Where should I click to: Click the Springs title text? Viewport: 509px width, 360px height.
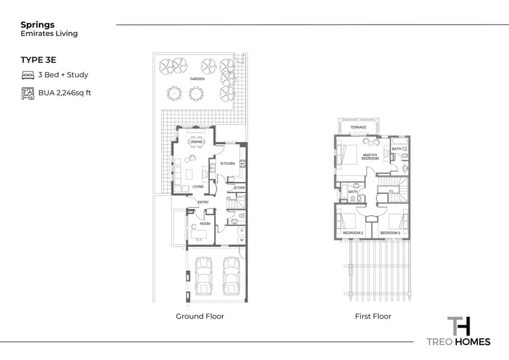coord(37,25)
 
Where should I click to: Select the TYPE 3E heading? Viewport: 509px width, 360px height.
coord(38,60)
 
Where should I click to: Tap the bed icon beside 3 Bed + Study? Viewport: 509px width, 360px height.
coord(28,75)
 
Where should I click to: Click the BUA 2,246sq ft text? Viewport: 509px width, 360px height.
coord(65,93)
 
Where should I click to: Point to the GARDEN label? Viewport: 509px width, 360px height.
coord(197,79)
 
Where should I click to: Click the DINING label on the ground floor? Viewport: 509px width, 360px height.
coord(196,142)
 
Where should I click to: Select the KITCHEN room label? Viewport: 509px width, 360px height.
coord(228,163)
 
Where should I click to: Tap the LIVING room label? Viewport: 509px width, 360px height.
coord(198,187)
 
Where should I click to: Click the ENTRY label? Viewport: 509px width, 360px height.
coord(203,202)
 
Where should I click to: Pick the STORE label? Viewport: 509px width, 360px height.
coord(240,188)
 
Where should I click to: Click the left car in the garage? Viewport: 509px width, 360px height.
coord(203,276)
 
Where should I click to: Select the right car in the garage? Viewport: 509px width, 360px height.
coord(231,276)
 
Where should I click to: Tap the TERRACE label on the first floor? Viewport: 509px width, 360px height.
coord(358,127)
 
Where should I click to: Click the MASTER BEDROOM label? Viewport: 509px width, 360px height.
coord(370,157)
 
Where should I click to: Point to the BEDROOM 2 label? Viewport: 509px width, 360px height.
coord(353,233)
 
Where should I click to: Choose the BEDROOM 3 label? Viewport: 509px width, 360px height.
coord(390,233)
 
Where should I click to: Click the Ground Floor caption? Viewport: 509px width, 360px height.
coord(200,316)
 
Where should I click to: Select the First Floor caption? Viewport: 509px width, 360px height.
coord(373,316)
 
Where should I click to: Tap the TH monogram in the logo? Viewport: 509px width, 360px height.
coord(459,326)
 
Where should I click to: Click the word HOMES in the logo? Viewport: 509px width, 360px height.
coord(472,342)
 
